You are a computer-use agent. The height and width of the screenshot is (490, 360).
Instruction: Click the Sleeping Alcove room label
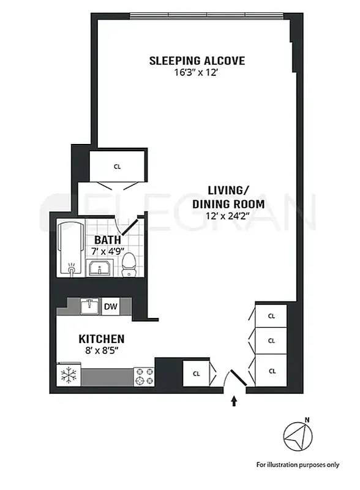click(x=197, y=61)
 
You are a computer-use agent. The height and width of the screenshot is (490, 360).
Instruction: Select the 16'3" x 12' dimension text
click(x=197, y=72)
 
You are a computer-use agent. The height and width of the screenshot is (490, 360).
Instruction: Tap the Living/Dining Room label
click(x=228, y=197)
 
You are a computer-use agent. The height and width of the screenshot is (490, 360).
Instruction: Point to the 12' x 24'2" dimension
click(x=228, y=216)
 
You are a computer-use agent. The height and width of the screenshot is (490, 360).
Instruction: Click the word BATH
click(x=107, y=240)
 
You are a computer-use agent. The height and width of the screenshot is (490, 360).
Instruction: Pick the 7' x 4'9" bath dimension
click(x=109, y=251)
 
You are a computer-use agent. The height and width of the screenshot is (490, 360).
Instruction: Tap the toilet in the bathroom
click(x=129, y=264)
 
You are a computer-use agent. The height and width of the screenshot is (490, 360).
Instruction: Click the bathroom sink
click(x=99, y=268)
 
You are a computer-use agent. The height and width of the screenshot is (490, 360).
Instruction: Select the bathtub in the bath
click(x=72, y=250)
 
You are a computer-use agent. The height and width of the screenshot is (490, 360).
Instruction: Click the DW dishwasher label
click(x=111, y=306)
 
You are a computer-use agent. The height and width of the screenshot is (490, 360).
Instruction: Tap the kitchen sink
click(x=90, y=305)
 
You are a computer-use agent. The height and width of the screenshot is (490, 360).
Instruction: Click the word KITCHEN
click(x=102, y=339)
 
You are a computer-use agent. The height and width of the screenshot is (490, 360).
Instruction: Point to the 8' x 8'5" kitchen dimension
click(x=102, y=350)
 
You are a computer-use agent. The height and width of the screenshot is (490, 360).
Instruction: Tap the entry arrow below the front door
click(x=234, y=401)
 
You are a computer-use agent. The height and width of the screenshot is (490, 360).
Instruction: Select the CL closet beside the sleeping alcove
click(x=118, y=165)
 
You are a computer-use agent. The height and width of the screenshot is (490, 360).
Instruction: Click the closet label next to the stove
click(x=197, y=372)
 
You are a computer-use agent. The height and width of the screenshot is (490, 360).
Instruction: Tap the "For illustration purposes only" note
click(x=297, y=464)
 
